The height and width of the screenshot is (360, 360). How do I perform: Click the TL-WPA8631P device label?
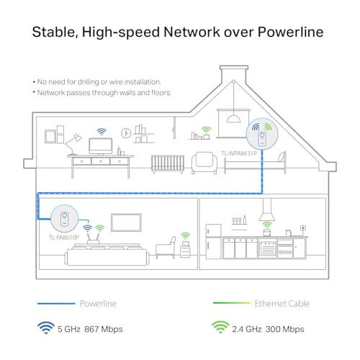[239, 153]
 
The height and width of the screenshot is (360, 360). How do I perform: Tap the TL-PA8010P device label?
[64, 238]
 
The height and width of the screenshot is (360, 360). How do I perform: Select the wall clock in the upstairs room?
[126, 133]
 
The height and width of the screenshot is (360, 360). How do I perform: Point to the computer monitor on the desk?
[101, 146]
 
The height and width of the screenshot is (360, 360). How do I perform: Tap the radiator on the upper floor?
[168, 164]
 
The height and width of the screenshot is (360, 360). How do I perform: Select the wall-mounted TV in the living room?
[126, 222]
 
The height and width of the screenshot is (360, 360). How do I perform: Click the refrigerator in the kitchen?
[213, 241]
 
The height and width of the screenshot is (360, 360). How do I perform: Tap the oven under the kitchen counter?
[267, 248]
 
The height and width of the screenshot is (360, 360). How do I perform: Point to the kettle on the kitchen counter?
[288, 233]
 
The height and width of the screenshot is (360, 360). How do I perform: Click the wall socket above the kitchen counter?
[303, 228]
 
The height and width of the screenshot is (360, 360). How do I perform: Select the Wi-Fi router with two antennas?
[93, 238]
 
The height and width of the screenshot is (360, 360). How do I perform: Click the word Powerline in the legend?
[98, 304]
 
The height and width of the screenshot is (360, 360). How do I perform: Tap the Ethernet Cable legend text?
[282, 304]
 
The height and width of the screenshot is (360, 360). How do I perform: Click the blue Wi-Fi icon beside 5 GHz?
[46, 328]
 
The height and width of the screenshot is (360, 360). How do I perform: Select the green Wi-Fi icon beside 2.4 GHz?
[220, 328]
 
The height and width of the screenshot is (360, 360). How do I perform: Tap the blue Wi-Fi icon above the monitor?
[102, 132]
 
